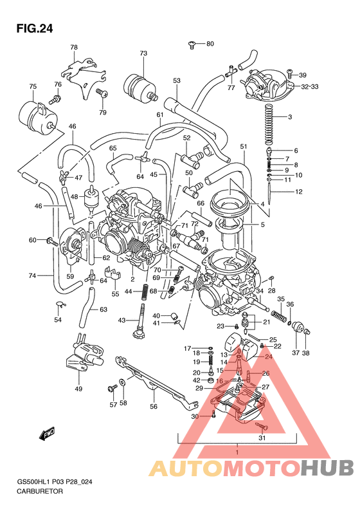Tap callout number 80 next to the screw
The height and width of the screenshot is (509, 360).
pyautogui.click(x=210, y=44)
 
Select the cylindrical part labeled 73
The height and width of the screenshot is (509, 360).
pyautogui.click(x=139, y=84)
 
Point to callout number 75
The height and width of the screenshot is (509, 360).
pyautogui.click(x=32, y=86)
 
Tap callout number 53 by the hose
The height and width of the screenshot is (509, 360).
pyautogui.click(x=177, y=80)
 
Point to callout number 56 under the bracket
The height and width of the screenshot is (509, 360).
pyautogui.click(x=153, y=406)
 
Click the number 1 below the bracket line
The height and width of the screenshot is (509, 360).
pyautogui.click(x=237, y=454)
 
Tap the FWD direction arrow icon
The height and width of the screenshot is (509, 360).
pyautogui.click(x=47, y=436)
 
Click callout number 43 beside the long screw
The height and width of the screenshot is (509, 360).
pyautogui.click(x=122, y=320)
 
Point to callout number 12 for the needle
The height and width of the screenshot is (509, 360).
pyautogui.click(x=298, y=192)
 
